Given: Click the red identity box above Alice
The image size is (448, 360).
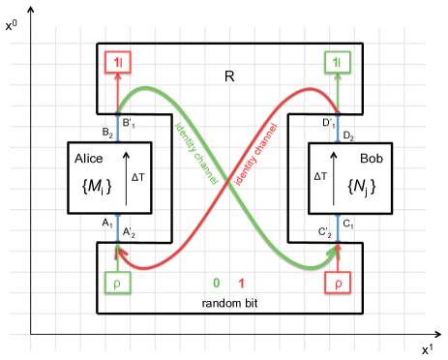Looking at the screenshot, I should click(118, 64).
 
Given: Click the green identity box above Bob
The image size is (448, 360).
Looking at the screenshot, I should click(337, 64).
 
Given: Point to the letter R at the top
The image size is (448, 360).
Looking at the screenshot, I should click(229, 75).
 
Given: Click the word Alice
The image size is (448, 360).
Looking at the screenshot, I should click(88, 158).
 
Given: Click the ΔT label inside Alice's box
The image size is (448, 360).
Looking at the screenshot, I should click(137, 177).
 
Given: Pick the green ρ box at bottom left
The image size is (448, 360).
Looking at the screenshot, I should click(117, 285).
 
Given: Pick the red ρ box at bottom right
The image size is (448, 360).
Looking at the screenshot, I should click(339, 285).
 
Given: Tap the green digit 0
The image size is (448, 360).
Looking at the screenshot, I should click(217, 284).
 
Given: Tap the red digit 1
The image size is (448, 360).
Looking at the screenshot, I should click(241, 284).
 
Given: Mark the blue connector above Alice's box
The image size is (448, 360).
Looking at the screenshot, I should click(118, 129).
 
